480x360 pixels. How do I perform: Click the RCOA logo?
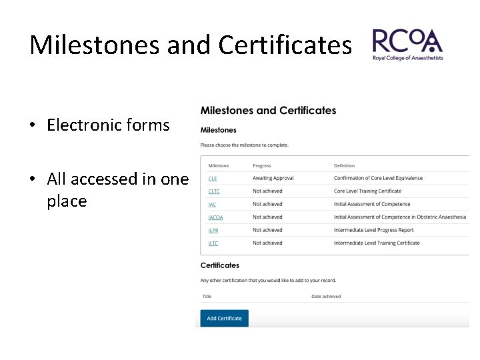pyautogui.click(x=407, y=45)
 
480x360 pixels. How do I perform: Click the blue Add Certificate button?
pyautogui.click(x=224, y=318)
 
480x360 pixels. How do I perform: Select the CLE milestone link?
pyautogui.click(x=212, y=179)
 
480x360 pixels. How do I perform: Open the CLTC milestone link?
pyautogui.click(x=214, y=191)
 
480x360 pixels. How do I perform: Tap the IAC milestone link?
pyautogui.click(x=212, y=205)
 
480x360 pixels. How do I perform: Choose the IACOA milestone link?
pyautogui.click(x=215, y=217)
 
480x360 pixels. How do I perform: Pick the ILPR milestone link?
pyautogui.click(x=213, y=231)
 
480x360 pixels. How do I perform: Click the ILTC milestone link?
pyautogui.click(x=213, y=243)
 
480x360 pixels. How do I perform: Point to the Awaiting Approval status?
pyautogui.click(x=273, y=179)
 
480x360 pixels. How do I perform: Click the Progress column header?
pyautogui.click(x=262, y=165)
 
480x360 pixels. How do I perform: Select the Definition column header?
pyautogui.click(x=344, y=165)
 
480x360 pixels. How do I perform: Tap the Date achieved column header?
pyautogui.click(x=326, y=297)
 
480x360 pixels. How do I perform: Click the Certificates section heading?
pyautogui.click(x=219, y=265)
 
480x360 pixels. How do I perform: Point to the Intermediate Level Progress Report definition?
pyautogui.click(x=373, y=231)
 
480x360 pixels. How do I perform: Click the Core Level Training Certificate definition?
pyautogui.click(x=367, y=191)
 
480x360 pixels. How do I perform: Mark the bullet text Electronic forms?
pyautogui.click(x=108, y=125)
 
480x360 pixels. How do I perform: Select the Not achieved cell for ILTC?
pyautogui.click(x=267, y=243)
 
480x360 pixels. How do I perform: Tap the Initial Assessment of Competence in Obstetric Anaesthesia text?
pyautogui.click(x=400, y=217)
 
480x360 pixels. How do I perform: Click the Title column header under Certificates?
pyautogui.click(x=207, y=297)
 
